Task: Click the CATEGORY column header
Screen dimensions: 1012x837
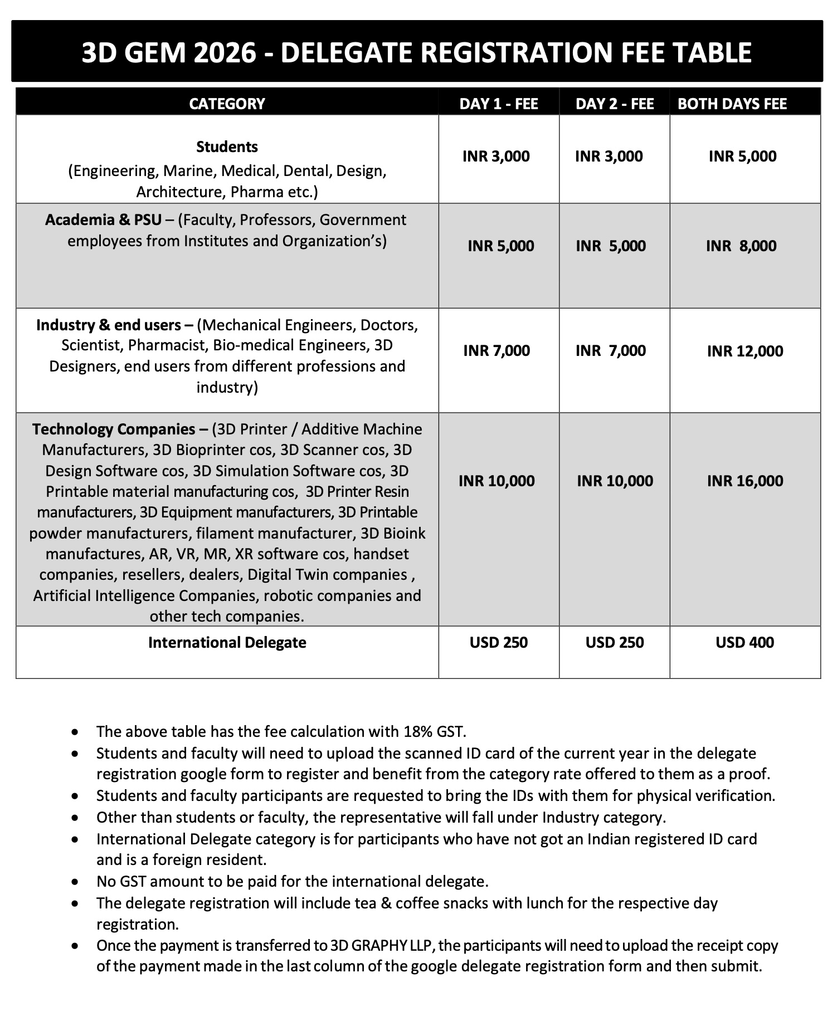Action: [227, 104]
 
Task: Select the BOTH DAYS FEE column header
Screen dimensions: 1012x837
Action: [732, 104]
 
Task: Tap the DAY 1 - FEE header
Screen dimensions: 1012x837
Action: [499, 104]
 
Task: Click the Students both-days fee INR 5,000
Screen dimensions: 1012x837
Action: [742, 156]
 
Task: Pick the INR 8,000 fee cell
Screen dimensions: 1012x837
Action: [741, 246]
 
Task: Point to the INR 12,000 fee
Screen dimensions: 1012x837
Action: [745, 351]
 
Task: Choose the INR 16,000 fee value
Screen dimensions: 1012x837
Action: [745, 481]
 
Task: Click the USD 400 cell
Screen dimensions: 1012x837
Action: [744, 642]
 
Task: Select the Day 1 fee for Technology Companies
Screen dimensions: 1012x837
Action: [497, 481]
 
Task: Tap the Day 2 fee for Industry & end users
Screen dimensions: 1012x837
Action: [611, 350]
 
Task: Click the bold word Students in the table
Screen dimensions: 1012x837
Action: [227, 146]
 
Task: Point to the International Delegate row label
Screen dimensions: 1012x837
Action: [227, 642]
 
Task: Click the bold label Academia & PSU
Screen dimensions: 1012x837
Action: [104, 219]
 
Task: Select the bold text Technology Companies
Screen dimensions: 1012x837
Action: [113, 429]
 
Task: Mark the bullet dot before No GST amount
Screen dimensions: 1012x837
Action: [75, 882]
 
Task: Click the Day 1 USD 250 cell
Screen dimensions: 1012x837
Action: [499, 642]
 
